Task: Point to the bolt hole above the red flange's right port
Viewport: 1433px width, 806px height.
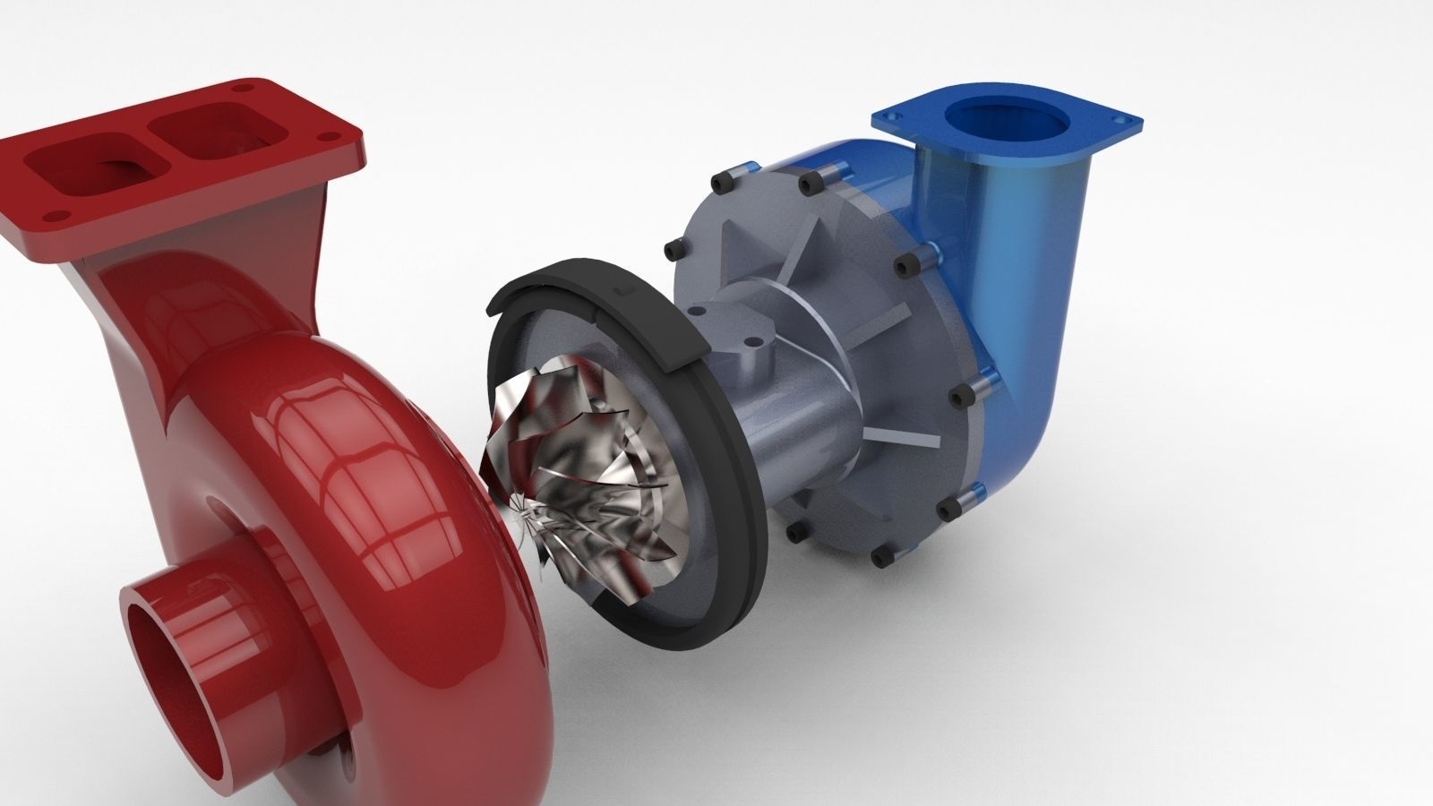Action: tap(240, 88)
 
